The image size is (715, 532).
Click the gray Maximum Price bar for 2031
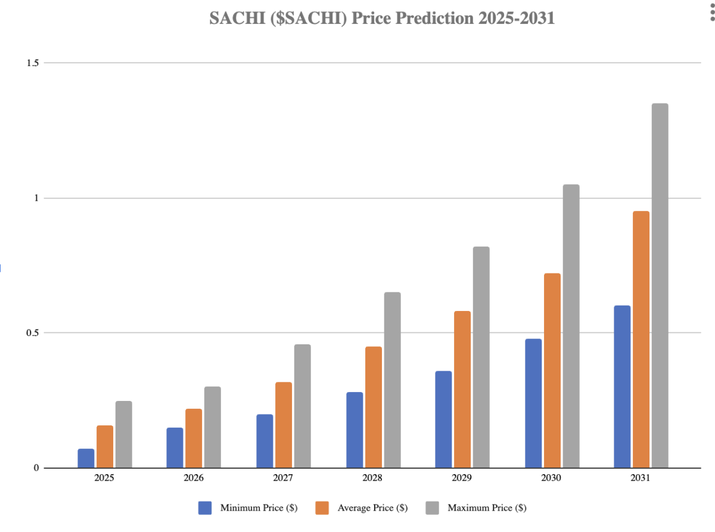(660, 286)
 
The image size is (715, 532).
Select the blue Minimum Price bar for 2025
(86, 458)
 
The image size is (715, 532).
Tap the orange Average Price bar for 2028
(374, 407)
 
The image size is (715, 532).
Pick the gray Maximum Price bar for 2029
(481, 357)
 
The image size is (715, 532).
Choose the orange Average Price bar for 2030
(552, 371)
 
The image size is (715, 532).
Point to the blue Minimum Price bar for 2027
(265, 441)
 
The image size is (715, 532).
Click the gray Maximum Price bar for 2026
(212, 427)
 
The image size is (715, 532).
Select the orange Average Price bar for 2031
(641, 340)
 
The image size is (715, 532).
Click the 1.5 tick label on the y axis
(33, 63)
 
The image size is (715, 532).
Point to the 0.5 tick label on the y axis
(33, 332)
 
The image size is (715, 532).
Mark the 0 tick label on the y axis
(36, 468)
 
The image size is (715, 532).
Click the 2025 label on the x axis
(104, 478)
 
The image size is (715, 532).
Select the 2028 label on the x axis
(372, 478)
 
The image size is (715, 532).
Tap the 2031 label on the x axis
(641, 478)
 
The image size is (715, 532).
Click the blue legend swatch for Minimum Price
(206, 508)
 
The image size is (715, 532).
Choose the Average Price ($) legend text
(372, 508)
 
